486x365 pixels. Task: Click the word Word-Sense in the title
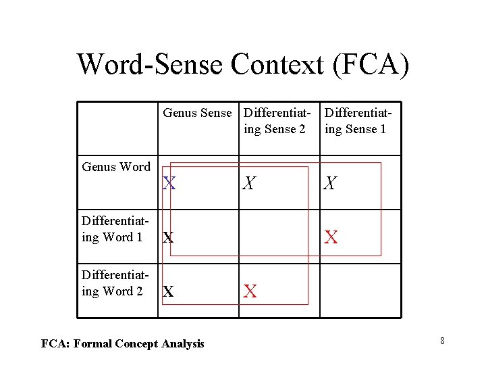pyautogui.click(x=149, y=64)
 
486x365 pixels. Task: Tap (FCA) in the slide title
pyautogui.click(x=375, y=64)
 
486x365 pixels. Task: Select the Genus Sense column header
pyautogui.click(x=197, y=113)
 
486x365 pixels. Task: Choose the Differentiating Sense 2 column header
pyautogui.click(x=277, y=120)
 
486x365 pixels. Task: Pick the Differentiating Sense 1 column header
pyautogui.click(x=358, y=120)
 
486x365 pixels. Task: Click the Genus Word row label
pyautogui.click(x=116, y=167)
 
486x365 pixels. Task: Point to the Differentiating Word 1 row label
pyautogui.click(x=113, y=229)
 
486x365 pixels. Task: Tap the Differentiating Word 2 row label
pyautogui.click(x=113, y=283)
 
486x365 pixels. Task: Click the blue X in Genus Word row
pyautogui.click(x=169, y=183)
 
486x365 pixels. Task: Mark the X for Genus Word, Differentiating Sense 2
pyautogui.click(x=250, y=183)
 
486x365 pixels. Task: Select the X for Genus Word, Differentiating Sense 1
pyautogui.click(x=331, y=183)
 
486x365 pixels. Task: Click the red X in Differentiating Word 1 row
pyautogui.click(x=331, y=237)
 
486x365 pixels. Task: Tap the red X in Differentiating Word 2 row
pyautogui.click(x=250, y=291)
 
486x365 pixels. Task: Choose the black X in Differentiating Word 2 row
pyautogui.click(x=169, y=292)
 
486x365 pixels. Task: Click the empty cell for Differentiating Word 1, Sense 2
pyautogui.click(x=279, y=237)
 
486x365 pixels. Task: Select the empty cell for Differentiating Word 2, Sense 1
pyautogui.click(x=360, y=291)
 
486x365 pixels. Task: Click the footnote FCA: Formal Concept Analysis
pyautogui.click(x=122, y=344)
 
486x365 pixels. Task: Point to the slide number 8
pyautogui.click(x=442, y=341)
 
